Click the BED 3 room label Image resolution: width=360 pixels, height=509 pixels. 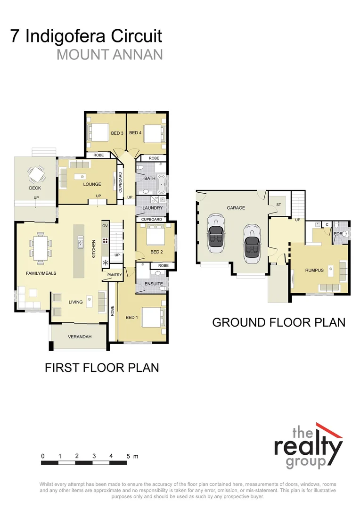(x=117, y=133)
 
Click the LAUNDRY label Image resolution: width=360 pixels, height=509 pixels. (x=153, y=208)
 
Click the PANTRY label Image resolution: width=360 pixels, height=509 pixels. (x=115, y=275)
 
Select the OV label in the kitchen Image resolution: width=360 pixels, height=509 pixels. (x=105, y=226)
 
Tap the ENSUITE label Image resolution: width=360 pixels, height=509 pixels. (x=154, y=284)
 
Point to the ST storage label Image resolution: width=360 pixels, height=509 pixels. (x=278, y=205)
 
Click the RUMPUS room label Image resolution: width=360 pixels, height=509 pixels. (x=314, y=270)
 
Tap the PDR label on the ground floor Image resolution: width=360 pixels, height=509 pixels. (x=337, y=233)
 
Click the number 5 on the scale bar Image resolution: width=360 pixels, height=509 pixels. (x=128, y=456)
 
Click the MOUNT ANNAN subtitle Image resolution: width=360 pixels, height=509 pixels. (x=109, y=54)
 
